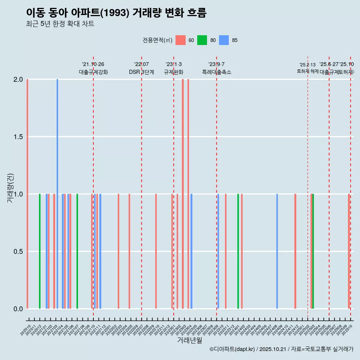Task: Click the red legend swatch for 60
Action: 180,40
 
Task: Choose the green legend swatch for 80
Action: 202,40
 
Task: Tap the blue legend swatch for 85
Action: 224,40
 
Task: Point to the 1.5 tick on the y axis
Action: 18,137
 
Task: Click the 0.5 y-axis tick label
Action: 18,252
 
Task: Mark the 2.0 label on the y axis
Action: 18,79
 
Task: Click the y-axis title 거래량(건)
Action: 10,187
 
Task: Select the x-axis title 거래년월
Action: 189,340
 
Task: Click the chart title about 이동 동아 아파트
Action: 116,13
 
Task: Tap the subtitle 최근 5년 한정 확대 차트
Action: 60,24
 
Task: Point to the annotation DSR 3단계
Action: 141,72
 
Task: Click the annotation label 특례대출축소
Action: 216,72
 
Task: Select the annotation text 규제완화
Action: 174,72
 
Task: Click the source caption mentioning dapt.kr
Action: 281,349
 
